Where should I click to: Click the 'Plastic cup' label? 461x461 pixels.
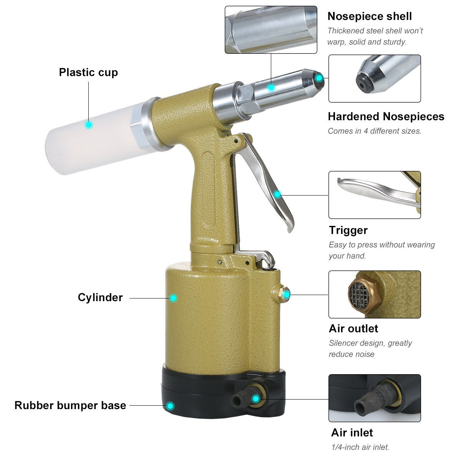[88, 72]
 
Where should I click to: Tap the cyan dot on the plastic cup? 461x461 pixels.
[89, 124]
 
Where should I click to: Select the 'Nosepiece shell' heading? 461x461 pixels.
[369, 16]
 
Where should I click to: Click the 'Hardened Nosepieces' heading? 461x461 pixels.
[386, 116]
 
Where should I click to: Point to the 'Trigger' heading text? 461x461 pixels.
[348, 230]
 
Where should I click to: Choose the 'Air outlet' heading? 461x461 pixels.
[353, 328]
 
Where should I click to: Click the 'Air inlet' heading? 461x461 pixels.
[352, 433]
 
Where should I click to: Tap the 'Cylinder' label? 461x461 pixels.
[100, 297]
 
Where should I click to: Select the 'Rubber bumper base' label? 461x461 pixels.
[70, 405]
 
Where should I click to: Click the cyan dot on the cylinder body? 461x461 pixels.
[173, 298]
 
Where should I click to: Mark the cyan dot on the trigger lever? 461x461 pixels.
[277, 194]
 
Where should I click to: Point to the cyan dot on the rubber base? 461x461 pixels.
[170, 406]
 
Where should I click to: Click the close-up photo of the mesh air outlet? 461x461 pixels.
[375, 294]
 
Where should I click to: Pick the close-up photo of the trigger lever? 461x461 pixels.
[375, 195]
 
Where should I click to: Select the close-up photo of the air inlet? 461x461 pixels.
[375, 398]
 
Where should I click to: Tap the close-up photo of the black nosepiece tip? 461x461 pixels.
[375, 78]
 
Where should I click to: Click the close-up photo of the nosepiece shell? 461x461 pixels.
[271, 30]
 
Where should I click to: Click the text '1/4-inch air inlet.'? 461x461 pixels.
[360, 447]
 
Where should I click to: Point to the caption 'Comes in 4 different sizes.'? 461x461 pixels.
[374, 131]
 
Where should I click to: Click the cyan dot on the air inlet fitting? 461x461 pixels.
[255, 398]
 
